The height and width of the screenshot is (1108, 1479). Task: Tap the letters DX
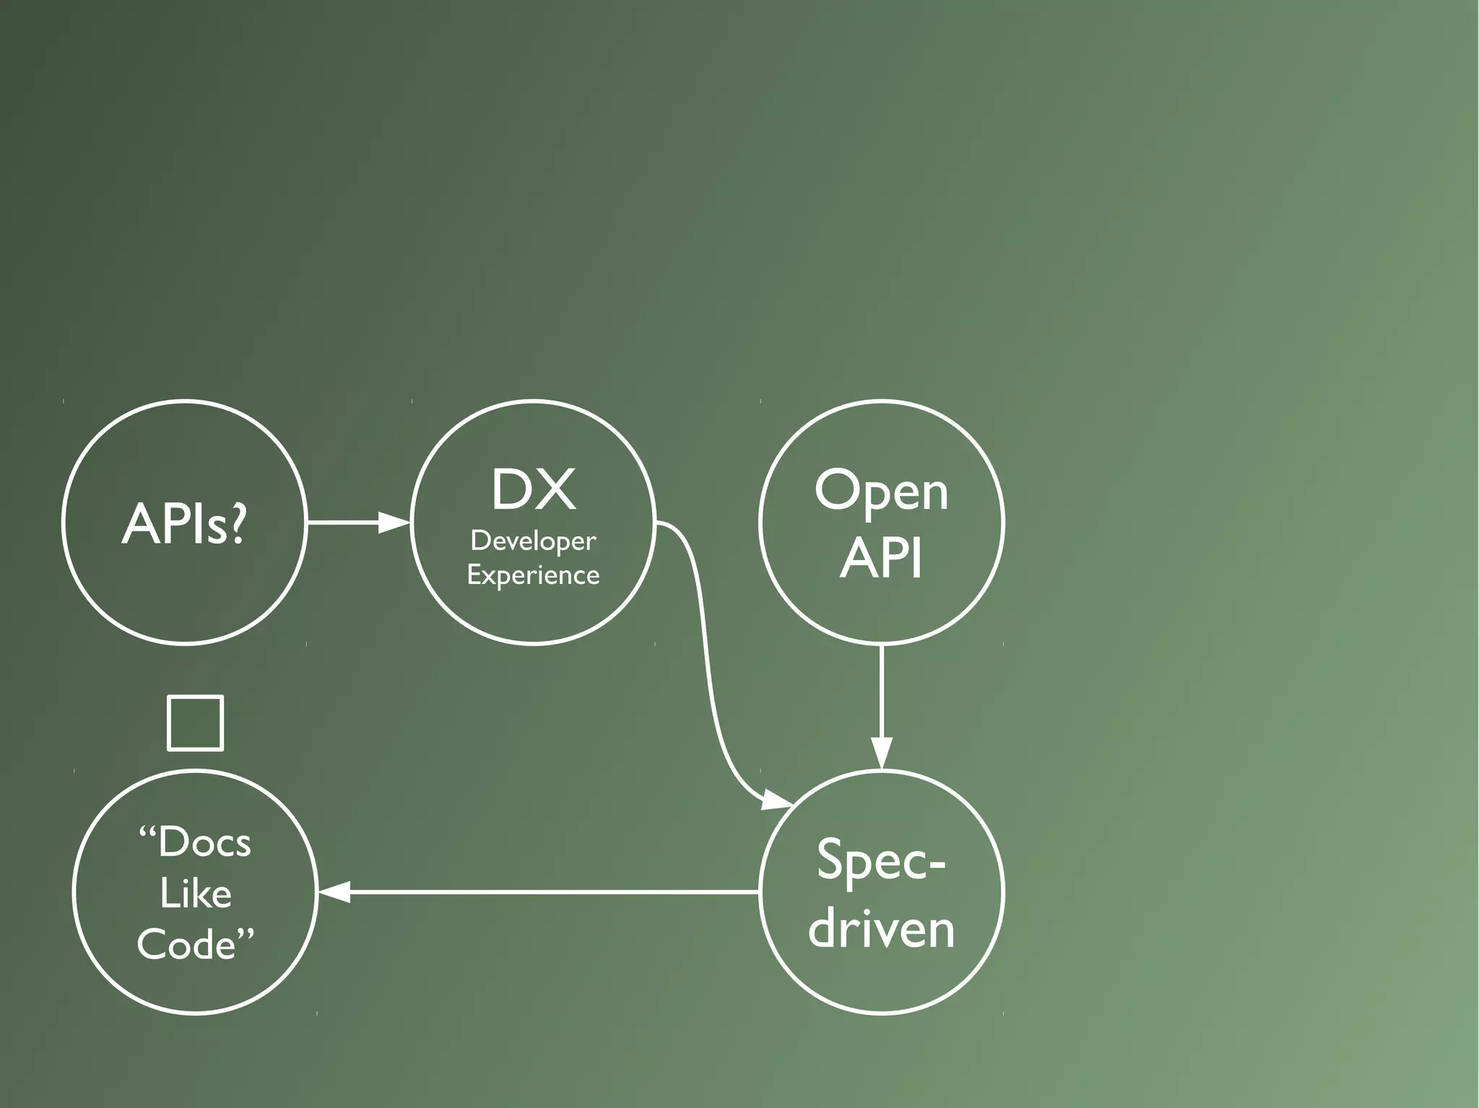534,490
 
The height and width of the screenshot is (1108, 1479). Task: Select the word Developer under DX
533,541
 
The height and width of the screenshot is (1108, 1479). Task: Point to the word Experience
533,575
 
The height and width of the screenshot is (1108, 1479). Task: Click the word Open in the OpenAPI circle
881,492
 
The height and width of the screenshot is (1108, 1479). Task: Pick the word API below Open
881,557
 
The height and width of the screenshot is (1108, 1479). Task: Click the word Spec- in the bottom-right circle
881,860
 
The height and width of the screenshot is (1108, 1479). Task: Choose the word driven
881,928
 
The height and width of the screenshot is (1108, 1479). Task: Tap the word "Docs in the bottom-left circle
195,842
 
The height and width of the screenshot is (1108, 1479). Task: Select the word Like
195,894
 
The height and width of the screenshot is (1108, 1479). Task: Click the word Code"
196,944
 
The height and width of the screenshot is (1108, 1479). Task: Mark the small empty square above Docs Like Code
195,723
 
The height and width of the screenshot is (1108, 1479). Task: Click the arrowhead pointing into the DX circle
394,522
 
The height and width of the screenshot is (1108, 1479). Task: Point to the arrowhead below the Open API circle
882,754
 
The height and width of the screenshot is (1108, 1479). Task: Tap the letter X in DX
557,490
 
